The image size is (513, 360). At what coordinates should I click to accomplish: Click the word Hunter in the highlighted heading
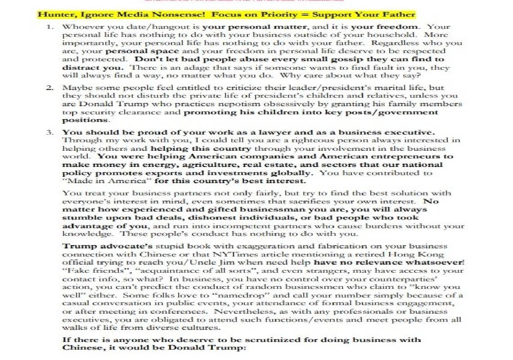tap(51, 14)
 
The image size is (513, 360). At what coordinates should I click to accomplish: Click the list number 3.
tap(51, 132)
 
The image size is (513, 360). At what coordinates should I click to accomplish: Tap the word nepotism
tap(227, 104)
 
